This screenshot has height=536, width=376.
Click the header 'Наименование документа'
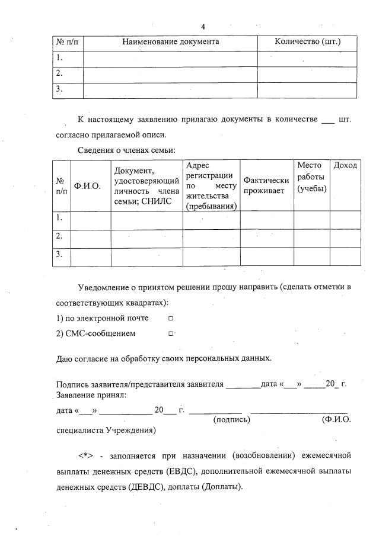(171, 41)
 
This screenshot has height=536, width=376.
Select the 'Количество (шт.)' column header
(307, 41)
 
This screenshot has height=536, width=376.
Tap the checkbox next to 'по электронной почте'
(170, 318)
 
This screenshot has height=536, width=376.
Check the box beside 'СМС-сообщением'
(170, 333)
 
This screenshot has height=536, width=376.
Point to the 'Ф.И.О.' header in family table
(87, 186)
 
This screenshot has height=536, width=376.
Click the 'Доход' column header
(345, 165)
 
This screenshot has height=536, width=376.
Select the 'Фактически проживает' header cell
(266, 185)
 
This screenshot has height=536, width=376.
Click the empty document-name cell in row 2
(170, 74)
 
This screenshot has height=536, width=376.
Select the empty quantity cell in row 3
(307, 89)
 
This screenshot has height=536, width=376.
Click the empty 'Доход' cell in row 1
(345, 219)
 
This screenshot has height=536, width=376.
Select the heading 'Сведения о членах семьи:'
(127, 150)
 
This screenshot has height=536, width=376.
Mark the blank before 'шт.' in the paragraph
(327, 120)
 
